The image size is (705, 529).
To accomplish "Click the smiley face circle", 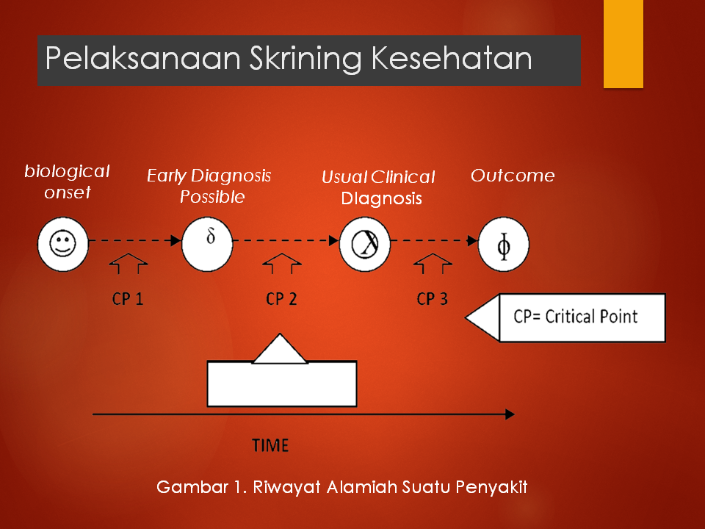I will tap(62, 243).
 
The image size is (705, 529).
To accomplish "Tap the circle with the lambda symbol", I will tap(364, 243).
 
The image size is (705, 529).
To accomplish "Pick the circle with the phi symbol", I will tap(504, 245).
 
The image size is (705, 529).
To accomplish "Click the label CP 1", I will tap(128, 299).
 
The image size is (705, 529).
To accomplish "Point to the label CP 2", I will tap(281, 299).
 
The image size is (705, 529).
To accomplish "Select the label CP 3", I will tap(432, 299).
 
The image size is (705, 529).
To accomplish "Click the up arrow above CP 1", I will tap(129, 265).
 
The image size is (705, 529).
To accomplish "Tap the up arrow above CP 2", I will tap(282, 265).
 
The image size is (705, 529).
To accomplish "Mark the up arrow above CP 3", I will tap(433, 265).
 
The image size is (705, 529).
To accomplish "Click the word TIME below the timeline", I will tap(270, 445).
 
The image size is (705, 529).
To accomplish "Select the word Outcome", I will tap(513, 176).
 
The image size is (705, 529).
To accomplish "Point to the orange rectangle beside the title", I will tap(623, 44).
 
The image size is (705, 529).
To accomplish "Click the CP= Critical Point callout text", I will tap(576, 317).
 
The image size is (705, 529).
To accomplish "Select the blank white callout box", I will tap(282, 383).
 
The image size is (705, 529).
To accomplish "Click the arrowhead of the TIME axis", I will tap(510, 415).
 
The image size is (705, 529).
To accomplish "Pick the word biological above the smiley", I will tap(67, 171).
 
